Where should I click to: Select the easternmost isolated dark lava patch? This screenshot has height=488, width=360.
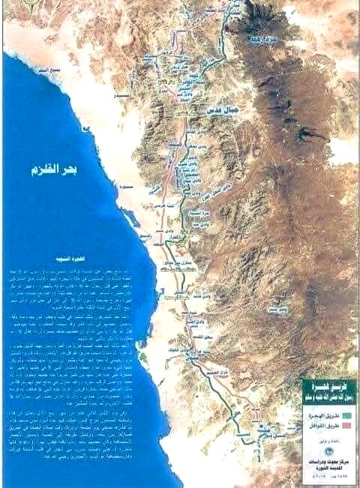coord(307,136)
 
